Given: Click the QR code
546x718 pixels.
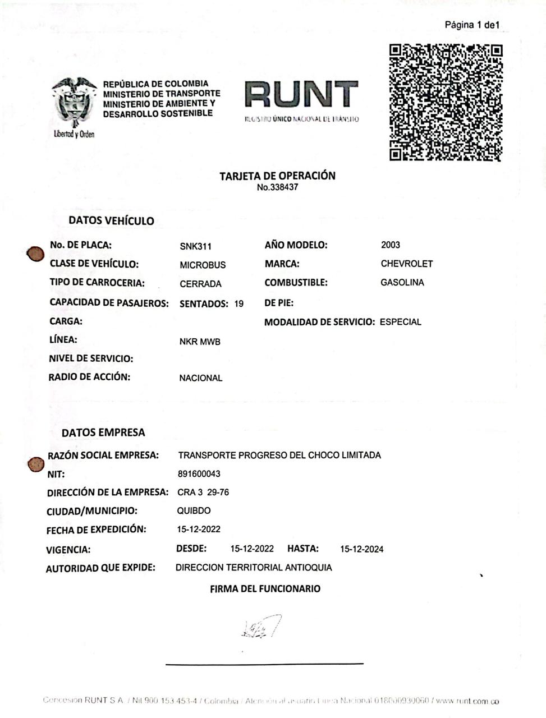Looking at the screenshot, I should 446,102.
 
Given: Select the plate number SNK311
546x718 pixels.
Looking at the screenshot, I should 195,246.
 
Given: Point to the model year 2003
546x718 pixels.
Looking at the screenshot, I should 390,245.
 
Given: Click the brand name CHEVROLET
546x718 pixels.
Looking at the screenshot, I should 406,264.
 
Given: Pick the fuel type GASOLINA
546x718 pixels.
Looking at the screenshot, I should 402,283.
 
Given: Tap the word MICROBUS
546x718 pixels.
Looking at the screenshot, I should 203,265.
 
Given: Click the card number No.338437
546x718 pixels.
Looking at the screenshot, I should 277,187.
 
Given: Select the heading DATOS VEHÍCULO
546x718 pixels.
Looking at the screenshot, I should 111,220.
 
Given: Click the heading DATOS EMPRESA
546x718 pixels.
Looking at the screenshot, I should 103,432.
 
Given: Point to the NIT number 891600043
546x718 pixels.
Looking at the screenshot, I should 199,473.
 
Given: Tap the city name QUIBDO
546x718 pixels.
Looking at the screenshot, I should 194,511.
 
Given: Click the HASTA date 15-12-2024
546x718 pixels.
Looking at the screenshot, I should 361,549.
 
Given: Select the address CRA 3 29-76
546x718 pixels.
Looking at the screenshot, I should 203,493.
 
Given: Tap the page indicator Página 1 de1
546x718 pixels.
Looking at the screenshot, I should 471,25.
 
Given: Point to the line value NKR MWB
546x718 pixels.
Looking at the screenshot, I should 200,342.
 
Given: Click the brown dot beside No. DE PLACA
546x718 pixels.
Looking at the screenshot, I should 35,254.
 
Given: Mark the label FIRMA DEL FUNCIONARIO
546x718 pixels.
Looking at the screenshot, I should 265,588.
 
